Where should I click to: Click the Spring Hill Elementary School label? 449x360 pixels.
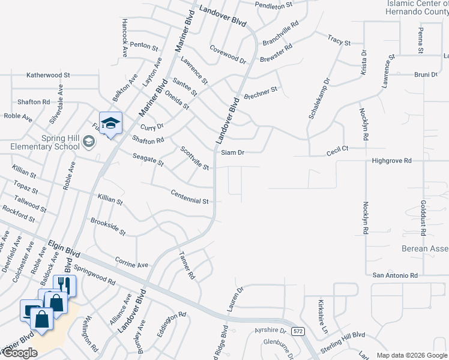(44, 142)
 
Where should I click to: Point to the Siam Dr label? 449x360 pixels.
(233, 152)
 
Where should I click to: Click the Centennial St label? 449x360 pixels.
(189, 197)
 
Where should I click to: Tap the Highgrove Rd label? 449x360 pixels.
(391, 161)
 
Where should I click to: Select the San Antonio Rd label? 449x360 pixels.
(395, 275)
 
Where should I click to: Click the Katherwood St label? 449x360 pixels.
(48, 76)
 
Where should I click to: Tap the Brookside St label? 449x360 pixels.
(108, 227)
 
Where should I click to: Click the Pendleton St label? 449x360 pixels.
(273, 5)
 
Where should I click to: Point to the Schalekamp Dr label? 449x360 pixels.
(319, 97)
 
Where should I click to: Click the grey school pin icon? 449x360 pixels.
(89, 142)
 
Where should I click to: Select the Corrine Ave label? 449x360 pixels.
(131, 265)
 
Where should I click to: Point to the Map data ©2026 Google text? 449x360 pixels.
(412, 355)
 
